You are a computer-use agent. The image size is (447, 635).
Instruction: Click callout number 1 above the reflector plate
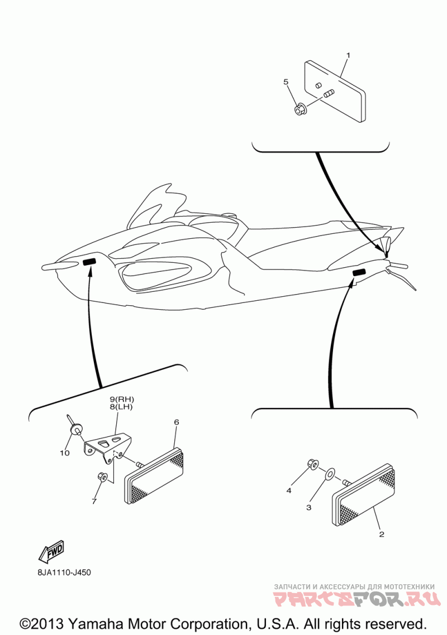348,55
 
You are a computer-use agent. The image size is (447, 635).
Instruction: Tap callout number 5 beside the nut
286,82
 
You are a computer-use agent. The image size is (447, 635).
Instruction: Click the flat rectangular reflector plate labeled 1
335,92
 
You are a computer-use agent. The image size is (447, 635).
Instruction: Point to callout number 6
177,422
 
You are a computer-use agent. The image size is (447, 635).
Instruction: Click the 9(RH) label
122,400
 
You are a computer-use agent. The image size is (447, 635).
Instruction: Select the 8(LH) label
122,407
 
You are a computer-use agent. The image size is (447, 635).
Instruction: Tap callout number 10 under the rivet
65,453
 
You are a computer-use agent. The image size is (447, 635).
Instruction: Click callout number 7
94,502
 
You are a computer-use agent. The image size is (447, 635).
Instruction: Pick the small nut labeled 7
102,477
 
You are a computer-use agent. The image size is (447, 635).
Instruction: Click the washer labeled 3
330,474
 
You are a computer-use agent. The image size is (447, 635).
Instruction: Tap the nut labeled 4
313,464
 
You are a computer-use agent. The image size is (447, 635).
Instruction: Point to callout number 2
381,534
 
